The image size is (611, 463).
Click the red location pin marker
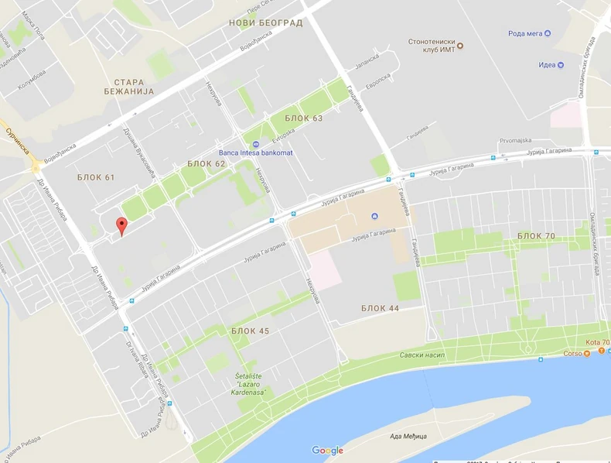point(121,226)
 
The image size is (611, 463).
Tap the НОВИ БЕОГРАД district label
point(265,23)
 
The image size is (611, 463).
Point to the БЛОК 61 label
point(96,178)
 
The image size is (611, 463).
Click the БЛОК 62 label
point(207,164)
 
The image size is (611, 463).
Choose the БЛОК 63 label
point(303,118)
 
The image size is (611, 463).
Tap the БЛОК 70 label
point(536,235)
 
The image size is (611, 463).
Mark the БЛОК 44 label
point(380,308)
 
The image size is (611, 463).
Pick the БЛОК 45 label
point(250,331)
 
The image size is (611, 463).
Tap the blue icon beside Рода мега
point(548,33)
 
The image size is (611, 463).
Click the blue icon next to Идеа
point(561,65)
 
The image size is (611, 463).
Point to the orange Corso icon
point(587,354)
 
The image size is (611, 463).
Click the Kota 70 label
point(597,342)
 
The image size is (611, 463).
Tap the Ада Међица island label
point(408,437)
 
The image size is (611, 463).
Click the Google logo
point(328,451)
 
